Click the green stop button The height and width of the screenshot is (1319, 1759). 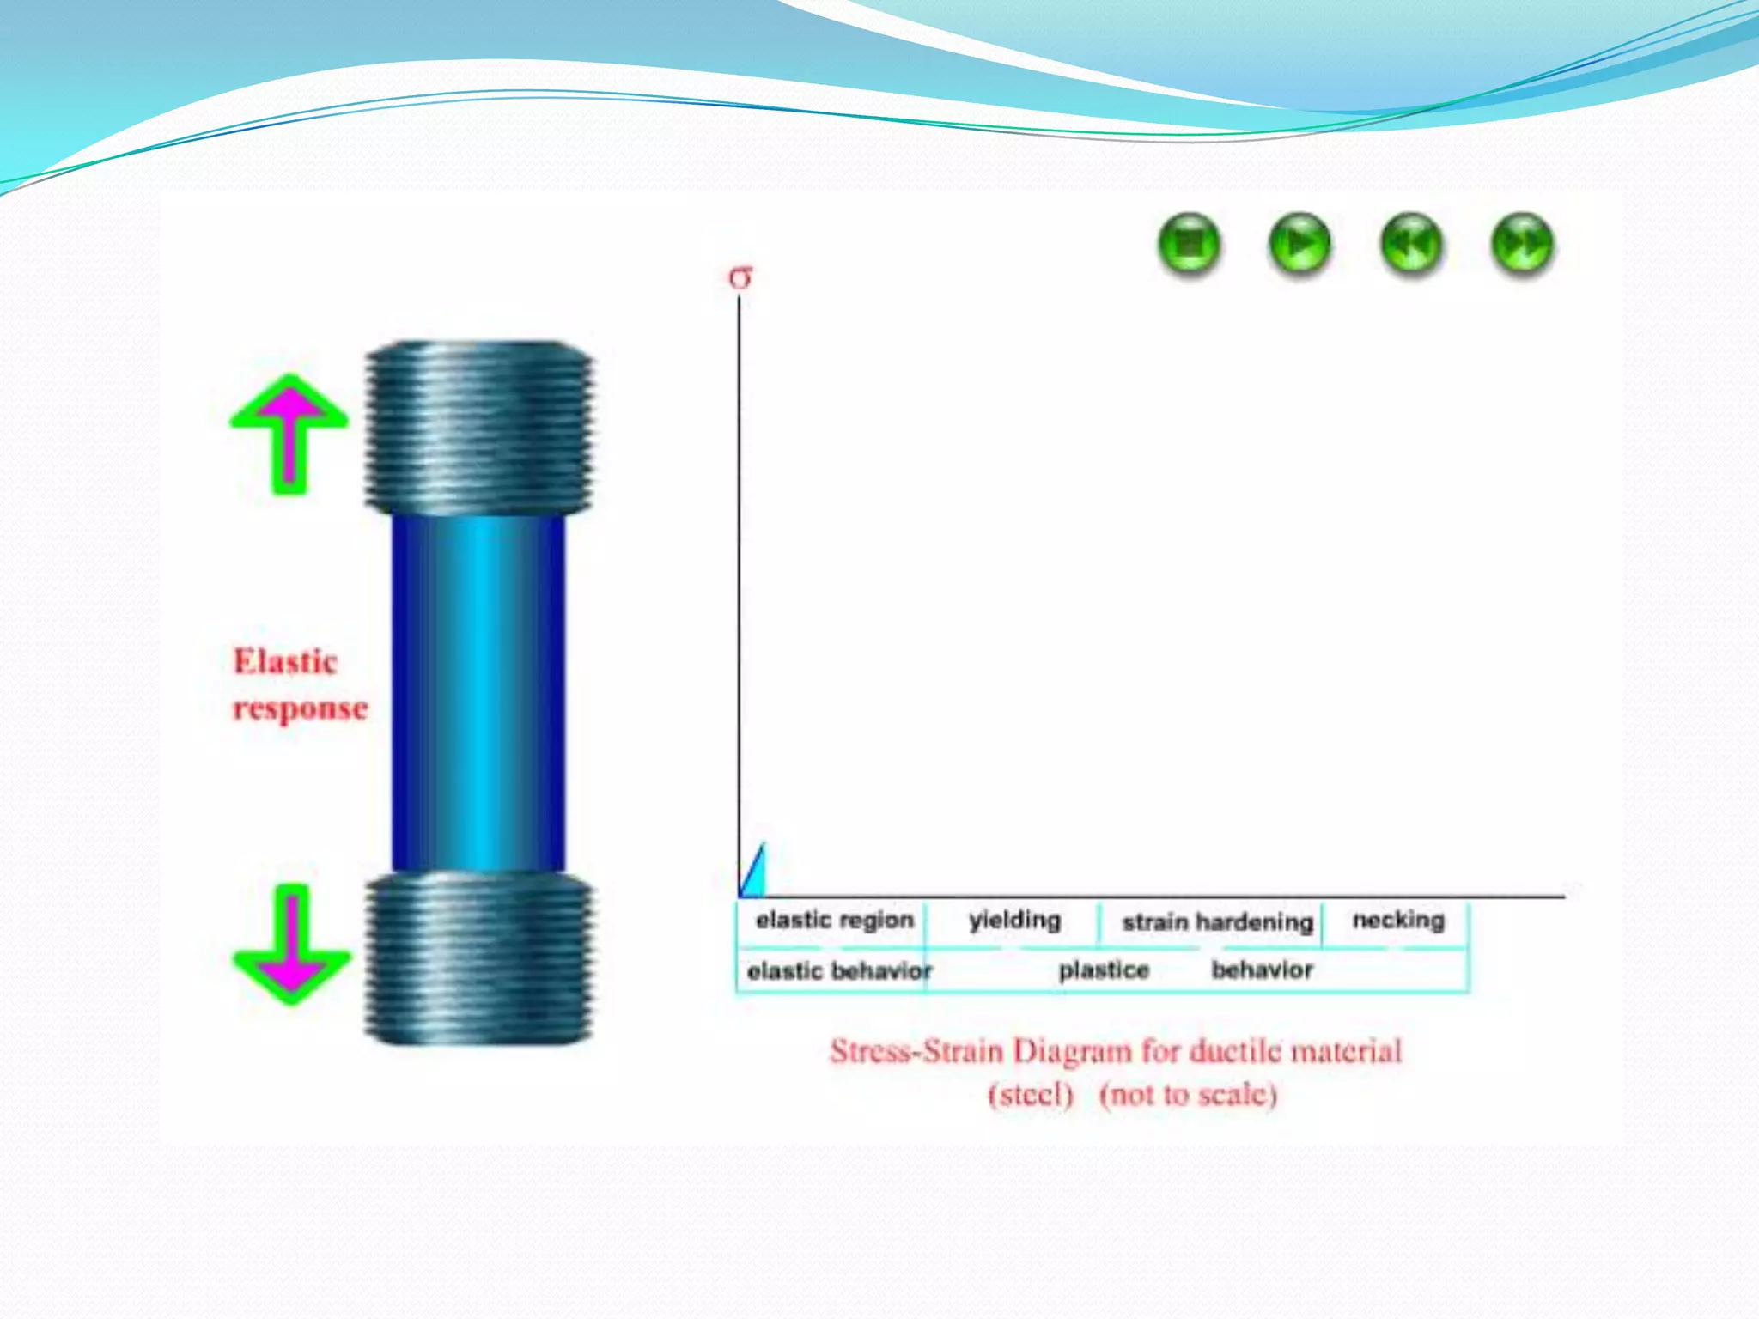coord(1189,245)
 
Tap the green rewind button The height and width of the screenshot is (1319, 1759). coord(1411,245)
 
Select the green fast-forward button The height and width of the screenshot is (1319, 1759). coord(1522,245)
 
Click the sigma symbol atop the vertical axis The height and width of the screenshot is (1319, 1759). coord(740,277)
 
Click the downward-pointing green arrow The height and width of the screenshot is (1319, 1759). coord(291,945)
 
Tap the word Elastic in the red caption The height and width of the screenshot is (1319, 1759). coord(286,661)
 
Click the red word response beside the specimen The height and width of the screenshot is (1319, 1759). coord(301,708)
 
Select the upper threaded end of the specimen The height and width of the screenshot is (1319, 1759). coord(478,428)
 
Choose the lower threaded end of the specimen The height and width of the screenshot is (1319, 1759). coord(478,957)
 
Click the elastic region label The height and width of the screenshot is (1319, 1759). coord(835,920)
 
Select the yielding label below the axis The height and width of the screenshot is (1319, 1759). coord(1015,920)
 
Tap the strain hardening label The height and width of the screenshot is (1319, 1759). coord(1217,922)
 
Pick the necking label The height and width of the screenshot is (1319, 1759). coord(1398,920)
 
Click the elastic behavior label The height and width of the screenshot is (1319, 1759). coord(839,971)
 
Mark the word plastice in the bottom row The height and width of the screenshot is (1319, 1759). coord(1104,970)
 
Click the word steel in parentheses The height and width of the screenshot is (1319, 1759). coord(1031,1095)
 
